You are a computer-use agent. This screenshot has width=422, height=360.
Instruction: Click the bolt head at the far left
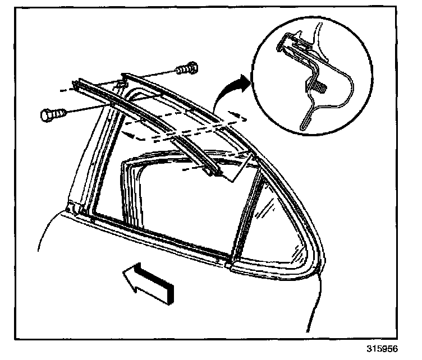coord(48,116)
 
